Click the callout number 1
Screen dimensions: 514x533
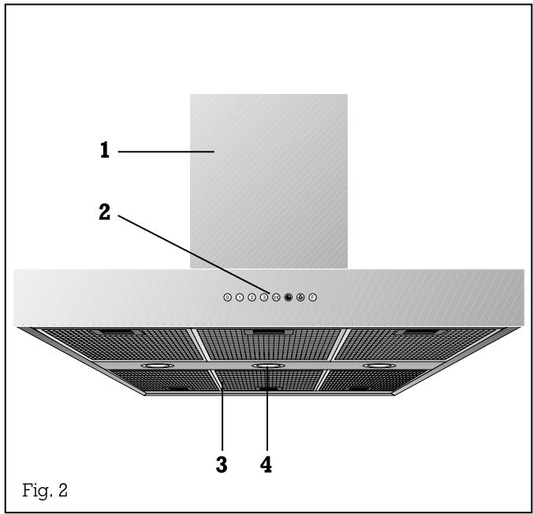click(x=104, y=150)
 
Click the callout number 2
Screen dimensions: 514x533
click(x=105, y=212)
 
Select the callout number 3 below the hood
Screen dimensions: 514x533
click(x=222, y=465)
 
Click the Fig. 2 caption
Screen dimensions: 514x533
click(x=45, y=491)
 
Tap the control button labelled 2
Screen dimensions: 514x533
click(x=252, y=298)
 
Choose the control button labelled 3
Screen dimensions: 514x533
click(x=264, y=298)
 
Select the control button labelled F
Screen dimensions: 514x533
click(x=313, y=298)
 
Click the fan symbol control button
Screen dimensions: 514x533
click(x=300, y=298)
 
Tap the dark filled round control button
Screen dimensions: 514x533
click(x=289, y=298)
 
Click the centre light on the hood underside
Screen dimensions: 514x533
click(x=267, y=366)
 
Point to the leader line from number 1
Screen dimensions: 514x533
click(x=166, y=150)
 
